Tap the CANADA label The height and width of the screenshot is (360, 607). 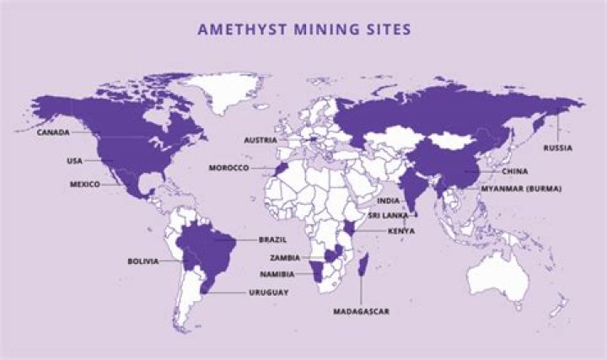point(53,132)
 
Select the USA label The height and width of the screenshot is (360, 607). point(74,160)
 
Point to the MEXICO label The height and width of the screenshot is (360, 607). point(85,184)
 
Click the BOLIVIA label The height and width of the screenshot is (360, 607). point(142,261)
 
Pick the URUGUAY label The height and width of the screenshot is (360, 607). point(269,293)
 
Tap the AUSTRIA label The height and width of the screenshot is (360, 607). point(261,139)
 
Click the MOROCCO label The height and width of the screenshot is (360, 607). point(228,168)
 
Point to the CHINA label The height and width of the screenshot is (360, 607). point(514,171)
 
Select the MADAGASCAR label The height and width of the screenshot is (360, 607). point(361,311)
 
